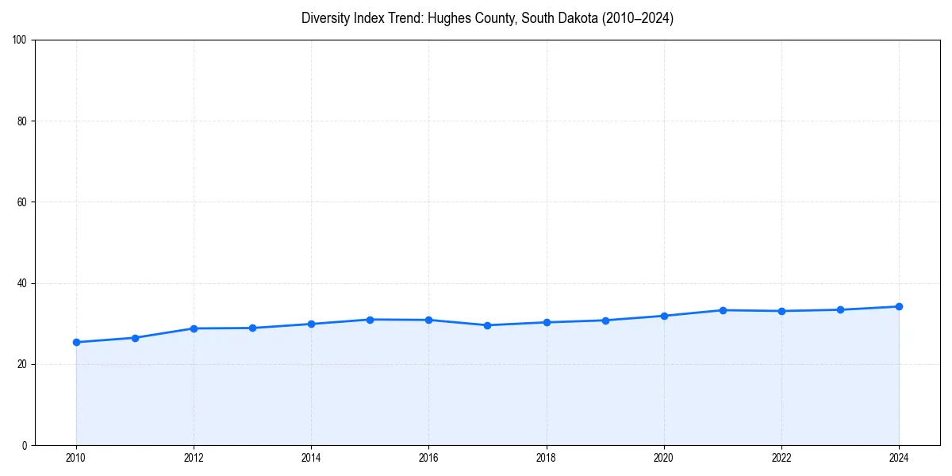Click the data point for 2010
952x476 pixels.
76,342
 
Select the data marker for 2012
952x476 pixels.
194,328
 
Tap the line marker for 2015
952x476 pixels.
370,320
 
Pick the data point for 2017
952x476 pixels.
487,325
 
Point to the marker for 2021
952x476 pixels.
723,310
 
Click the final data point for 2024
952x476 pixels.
899,306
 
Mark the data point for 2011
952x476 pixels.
135,338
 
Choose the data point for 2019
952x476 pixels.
605,321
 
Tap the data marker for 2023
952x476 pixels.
840,309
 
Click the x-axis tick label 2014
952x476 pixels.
311,458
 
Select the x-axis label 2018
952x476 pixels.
546,458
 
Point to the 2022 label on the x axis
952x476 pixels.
781,458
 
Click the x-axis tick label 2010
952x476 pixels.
76,458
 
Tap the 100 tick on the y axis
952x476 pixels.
20,40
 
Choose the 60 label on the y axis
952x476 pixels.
22,202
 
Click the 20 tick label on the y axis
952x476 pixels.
22,364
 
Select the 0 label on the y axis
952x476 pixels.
25,445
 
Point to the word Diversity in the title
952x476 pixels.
327,18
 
